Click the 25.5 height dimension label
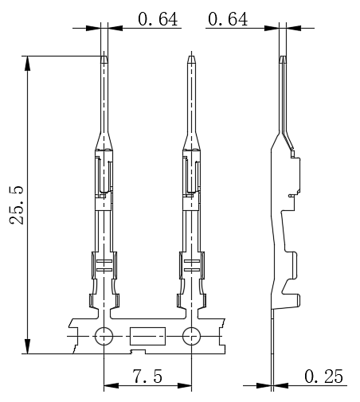tap(17, 205)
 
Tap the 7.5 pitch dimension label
tap(147, 377)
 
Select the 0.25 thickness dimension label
tap(323, 377)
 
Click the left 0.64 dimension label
tap(158, 19)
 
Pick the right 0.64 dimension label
tap(228, 19)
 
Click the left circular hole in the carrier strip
tap(104, 336)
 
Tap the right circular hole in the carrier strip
tap(191, 336)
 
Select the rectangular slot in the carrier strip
tap(147, 336)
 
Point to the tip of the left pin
tap(104, 56)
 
